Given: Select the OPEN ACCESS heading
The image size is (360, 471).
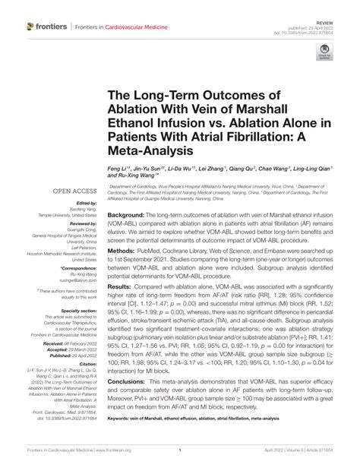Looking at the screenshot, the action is (x=73, y=191).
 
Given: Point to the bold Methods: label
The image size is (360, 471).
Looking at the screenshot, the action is (x=123, y=270).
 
